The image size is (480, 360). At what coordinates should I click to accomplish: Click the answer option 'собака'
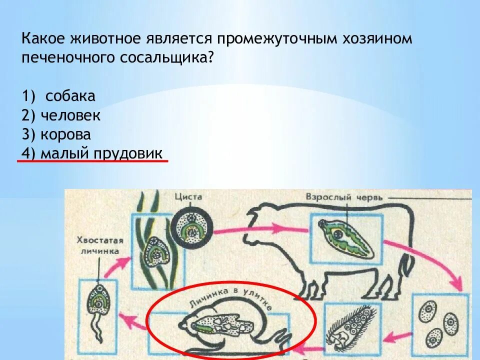coord(70,96)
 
